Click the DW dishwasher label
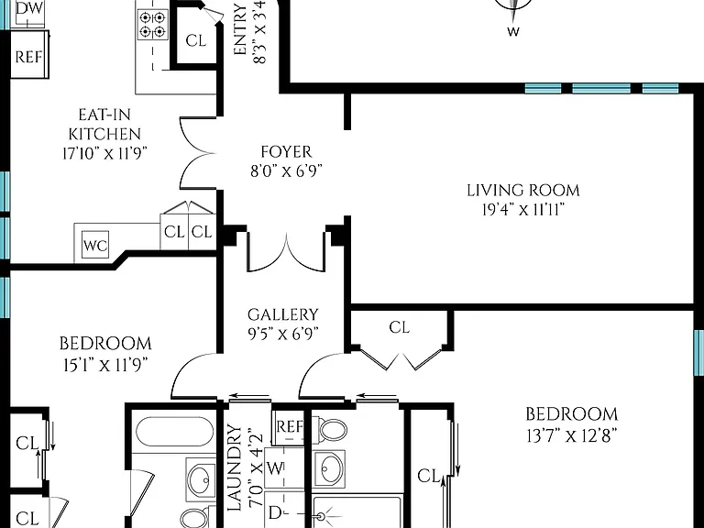pos(29,8)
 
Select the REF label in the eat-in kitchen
pos(28,57)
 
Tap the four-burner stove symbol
pos(152,25)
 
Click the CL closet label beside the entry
pos(196,40)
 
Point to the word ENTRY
pos(241,29)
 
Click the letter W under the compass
pos(513,31)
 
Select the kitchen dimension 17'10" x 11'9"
pos(104,154)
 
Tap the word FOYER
pos(286,152)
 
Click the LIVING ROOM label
pos(523,191)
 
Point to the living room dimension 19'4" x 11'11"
pos(523,209)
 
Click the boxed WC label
pos(95,245)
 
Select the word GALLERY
pos(283,314)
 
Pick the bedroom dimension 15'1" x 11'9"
pos(105,365)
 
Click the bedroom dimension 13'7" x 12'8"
pos(572,435)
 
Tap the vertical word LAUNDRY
pos(235,467)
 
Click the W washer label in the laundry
pos(275,468)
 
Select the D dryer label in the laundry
pos(274,512)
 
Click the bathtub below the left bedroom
pos(175,432)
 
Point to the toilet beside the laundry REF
pos(332,429)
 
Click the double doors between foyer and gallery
pos(286,252)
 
